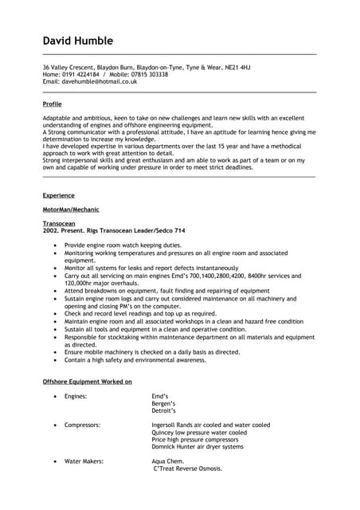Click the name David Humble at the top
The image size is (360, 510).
(x=77, y=41)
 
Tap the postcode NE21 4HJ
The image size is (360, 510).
(x=234, y=67)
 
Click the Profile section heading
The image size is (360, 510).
(x=52, y=104)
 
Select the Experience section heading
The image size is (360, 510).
(x=58, y=195)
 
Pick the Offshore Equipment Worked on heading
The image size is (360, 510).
(x=87, y=382)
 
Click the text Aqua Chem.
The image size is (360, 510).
(x=168, y=461)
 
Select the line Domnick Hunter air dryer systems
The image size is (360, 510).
(x=198, y=447)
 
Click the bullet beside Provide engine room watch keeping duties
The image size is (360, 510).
(x=54, y=245)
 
